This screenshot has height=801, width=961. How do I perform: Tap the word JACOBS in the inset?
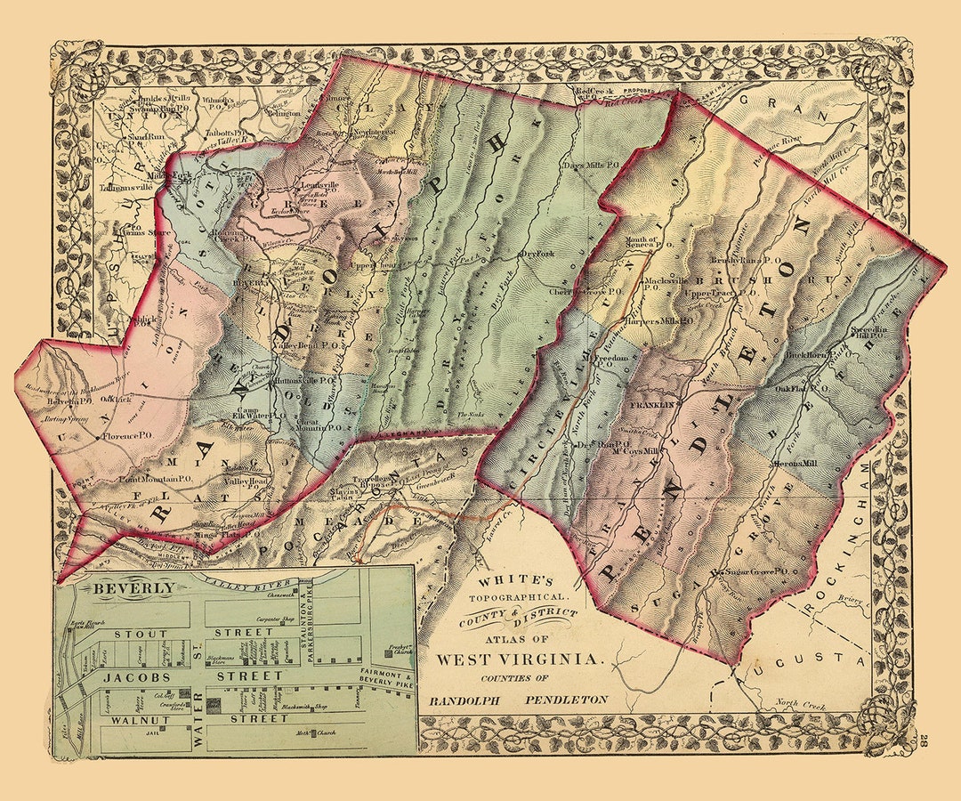pos(135,676)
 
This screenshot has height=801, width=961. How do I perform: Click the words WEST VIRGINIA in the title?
pos(505,659)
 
